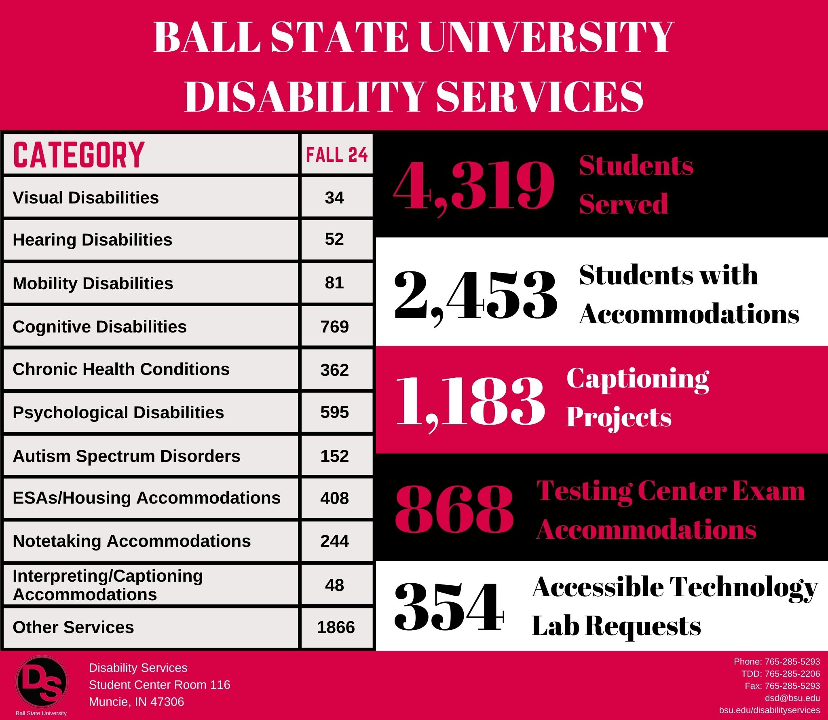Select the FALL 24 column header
point(337,155)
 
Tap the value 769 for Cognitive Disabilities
point(334,326)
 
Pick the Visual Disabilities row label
point(86,198)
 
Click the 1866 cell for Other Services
point(336,627)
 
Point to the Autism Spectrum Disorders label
point(127,456)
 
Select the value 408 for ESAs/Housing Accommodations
point(334,498)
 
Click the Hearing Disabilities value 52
point(334,239)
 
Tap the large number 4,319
point(473,186)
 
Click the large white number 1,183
point(470,402)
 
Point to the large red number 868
point(454,508)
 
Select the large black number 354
point(449,607)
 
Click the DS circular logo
point(42,682)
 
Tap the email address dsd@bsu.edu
point(792,698)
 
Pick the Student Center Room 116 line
point(159,684)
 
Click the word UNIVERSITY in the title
point(546,37)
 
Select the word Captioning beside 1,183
point(638,379)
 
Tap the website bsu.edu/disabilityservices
point(769,710)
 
